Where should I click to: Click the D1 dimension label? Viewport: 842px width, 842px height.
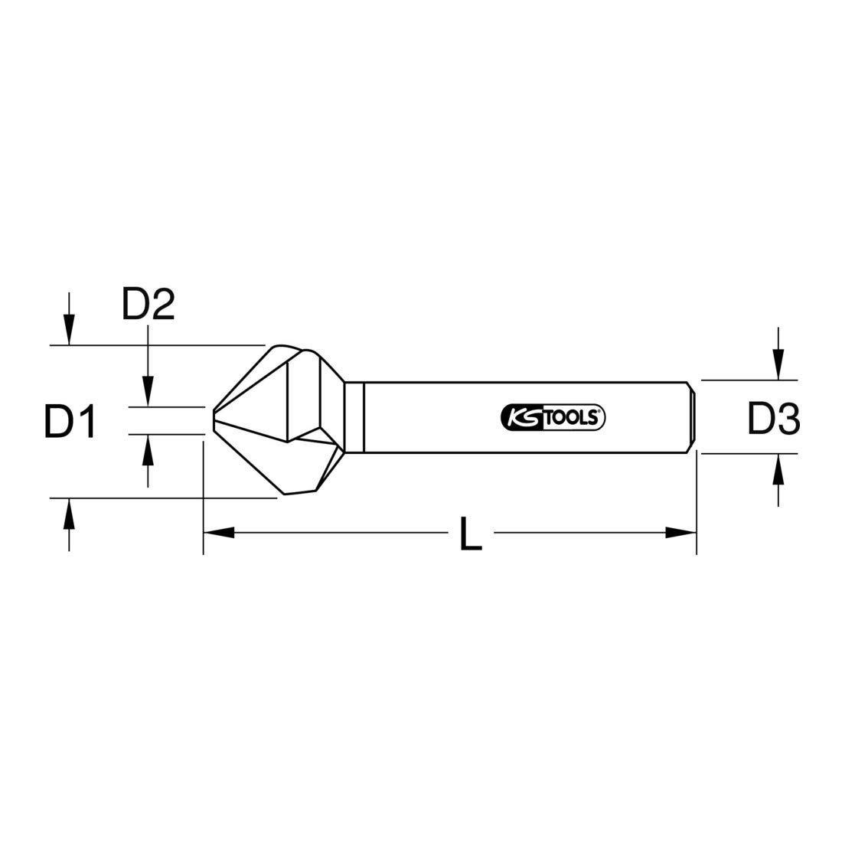click(70, 423)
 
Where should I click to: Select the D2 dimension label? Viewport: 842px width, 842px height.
click(148, 305)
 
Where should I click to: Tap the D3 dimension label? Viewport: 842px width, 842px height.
click(773, 419)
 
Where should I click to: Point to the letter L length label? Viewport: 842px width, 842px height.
click(471, 533)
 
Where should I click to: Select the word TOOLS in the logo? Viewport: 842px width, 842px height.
click(570, 416)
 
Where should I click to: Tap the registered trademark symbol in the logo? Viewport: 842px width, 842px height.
click(601, 412)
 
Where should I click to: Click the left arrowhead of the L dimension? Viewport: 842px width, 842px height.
click(219, 532)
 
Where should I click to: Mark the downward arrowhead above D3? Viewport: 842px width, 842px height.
click(778, 365)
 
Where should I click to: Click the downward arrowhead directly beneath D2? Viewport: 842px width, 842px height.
click(148, 391)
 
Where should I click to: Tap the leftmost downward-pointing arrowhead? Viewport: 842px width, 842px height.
click(69, 330)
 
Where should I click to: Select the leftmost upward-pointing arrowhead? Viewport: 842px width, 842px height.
click(69, 513)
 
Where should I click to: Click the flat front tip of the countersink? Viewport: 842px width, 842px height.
click(214, 420)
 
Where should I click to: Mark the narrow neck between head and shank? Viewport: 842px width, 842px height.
click(354, 417)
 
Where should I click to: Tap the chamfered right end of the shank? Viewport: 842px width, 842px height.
click(694, 417)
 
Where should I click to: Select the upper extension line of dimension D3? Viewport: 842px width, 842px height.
click(750, 380)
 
